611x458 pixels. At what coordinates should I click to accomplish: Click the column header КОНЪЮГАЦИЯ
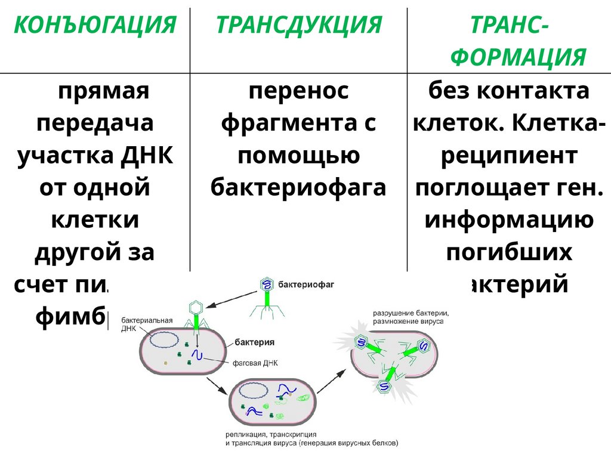(x=95, y=26)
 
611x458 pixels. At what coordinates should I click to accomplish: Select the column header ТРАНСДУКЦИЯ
(x=298, y=26)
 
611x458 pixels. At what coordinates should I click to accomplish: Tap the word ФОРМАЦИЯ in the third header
(x=517, y=58)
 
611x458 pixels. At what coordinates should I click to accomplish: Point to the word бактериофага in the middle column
(x=298, y=188)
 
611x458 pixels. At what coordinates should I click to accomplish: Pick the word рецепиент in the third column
(x=509, y=156)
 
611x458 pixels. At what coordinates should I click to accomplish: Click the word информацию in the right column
(x=509, y=220)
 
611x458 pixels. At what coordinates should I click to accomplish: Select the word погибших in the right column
(x=509, y=252)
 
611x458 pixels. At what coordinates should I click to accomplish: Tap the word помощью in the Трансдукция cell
(x=298, y=156)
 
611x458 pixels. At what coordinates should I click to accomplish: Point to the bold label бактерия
(x=254, y=342)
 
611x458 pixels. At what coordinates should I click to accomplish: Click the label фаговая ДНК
(x=255, y=363)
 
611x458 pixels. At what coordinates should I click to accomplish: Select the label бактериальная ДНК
(x=146, y=324)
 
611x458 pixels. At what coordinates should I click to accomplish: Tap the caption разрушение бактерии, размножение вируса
(x=411, y=317)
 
